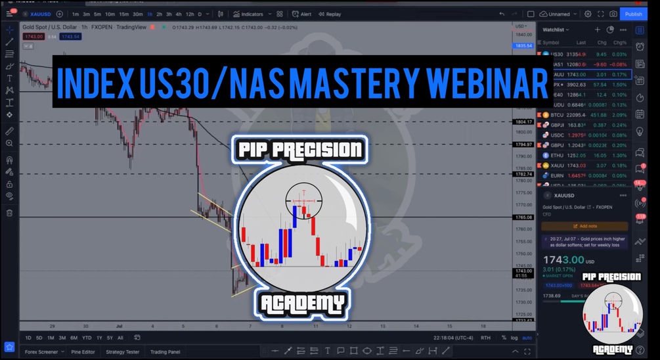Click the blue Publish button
point(633,14)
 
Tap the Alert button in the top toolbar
point(302,14)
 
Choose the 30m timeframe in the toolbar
point(137,14)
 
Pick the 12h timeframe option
point(189,14)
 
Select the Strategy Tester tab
point(122,351)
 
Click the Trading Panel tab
point(165,351)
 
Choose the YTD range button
point(86,338)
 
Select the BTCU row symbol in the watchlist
point(557,114)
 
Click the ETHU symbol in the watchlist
point(557,155)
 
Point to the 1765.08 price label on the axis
point(523,217)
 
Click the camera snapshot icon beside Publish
point(613,14)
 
